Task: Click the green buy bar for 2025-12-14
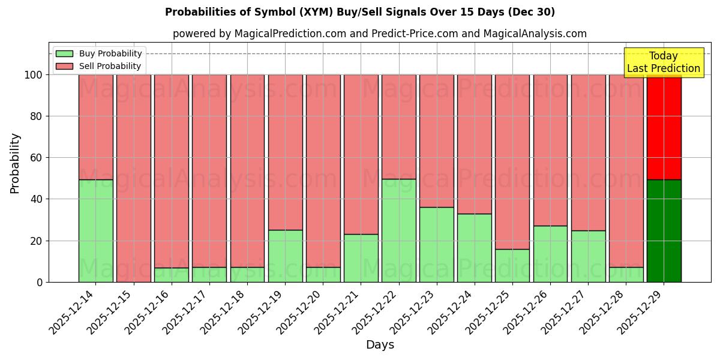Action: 95,230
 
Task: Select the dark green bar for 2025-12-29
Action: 664,230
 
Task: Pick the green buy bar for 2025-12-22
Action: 398,230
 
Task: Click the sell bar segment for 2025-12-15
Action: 133,178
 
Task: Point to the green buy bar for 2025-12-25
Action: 512,265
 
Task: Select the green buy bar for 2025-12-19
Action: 285,256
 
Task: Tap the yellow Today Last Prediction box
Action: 663,62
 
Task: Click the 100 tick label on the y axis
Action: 34,75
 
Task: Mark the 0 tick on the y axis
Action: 41,282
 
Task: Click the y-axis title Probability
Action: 15,163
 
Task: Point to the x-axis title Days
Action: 380,345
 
